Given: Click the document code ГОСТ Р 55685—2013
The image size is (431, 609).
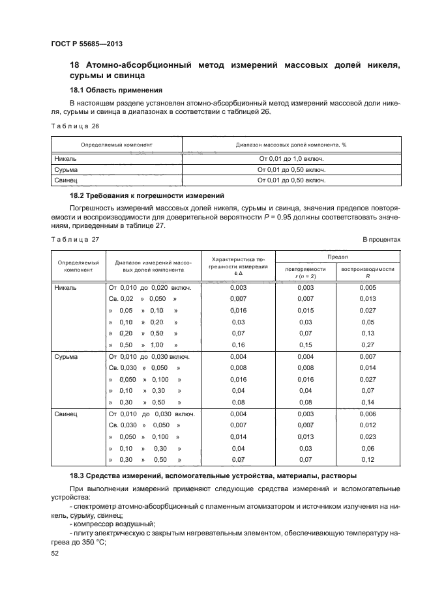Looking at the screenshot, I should pyautogui.click(x=87, y=44).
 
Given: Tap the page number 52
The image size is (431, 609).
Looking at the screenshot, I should pyautogui.click(x=55, y=554).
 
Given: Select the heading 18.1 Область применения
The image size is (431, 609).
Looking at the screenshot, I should pyautogui.click(x=115, y=90).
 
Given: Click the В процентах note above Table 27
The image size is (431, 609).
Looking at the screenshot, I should pyautogui.click(x=381, y=240).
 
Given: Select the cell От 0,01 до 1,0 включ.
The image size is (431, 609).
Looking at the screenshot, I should pyautogui.click(x=291, y=158).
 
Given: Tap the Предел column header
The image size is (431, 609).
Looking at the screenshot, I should pyautogui.click(x=337, y=257).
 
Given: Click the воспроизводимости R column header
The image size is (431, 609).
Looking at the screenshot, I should pyautogui.click(x=368, y=272).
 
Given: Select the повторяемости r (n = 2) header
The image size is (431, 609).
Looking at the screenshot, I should pyautogui.click(x=305, y=272).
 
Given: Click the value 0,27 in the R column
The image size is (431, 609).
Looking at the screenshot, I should pyautogui.click(x=368, y=345).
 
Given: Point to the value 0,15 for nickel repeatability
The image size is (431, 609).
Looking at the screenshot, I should pyautogui.click(x=305, y=345).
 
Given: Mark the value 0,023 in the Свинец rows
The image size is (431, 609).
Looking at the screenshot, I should pyautogui.click(x=368, y=437).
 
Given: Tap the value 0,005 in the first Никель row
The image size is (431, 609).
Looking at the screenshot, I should pyautogui.click(x=368, y=287).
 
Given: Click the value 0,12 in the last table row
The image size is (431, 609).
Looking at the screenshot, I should pyautogui.click(x=368, y=460).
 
